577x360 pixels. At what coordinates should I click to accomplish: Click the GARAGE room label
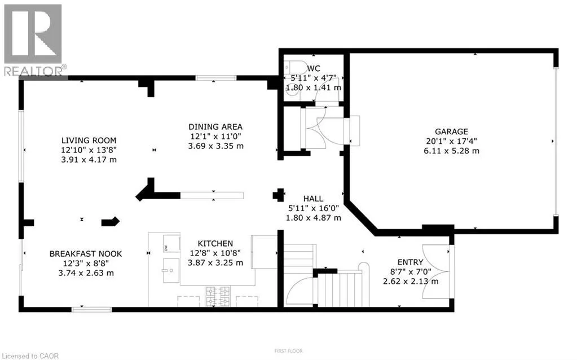[451, 131]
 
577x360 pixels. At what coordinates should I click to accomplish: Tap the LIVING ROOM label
[89, 141]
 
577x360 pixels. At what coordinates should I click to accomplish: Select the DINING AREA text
[215, 127]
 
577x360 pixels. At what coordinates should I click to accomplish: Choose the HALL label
[313, 199]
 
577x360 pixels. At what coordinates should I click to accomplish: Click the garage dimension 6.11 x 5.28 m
[451, 151]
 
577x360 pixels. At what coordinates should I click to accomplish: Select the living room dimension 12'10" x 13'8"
[89, 150]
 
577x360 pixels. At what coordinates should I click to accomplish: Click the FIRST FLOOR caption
[288, 351]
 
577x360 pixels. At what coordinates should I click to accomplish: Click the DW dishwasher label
[166, 248]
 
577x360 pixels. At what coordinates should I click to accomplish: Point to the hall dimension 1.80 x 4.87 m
[314, 218]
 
